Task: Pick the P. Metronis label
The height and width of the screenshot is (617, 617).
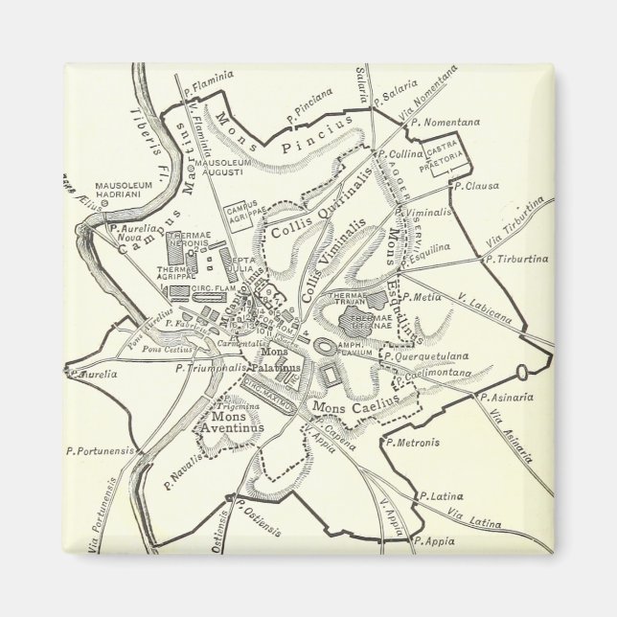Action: point(413,442)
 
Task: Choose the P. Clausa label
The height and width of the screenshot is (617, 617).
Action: point(481,186)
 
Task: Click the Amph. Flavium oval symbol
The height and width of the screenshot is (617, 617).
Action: point(327,347)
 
